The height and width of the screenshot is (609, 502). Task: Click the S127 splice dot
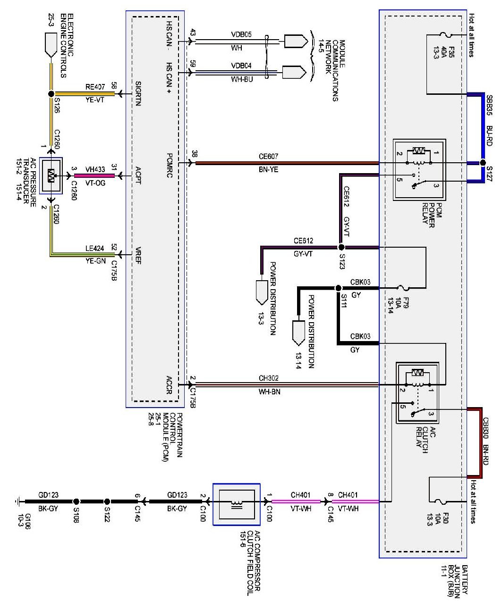[x=482, y=163]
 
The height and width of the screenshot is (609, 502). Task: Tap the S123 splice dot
[x=341, y=247]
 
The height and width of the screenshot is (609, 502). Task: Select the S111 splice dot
[x=338, y=288]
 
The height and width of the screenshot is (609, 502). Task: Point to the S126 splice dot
[x=51, y=94]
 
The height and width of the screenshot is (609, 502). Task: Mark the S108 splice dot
[x=77, y=501]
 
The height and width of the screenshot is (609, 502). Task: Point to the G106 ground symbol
[x=17, y=501]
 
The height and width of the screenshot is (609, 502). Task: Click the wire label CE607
[x=268, y=157]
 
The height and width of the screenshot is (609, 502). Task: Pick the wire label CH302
[x=269, y=378]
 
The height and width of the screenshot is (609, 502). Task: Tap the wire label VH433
[x=94, y=168]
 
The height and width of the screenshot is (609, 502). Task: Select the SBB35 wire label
[x=488, y=107]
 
